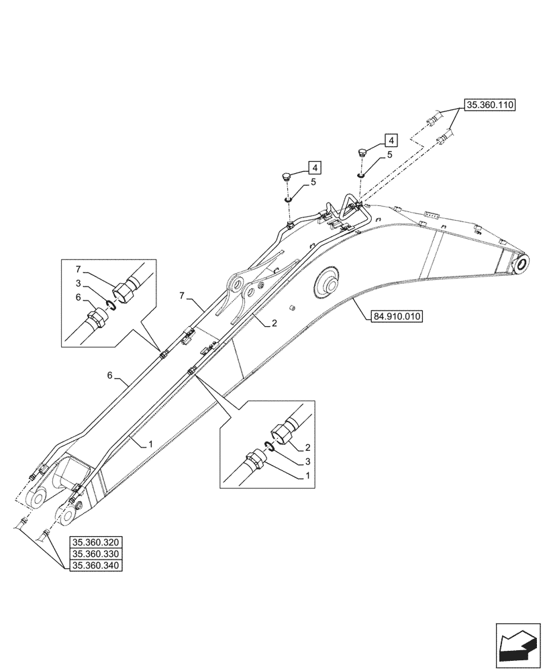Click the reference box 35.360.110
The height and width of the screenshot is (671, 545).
[x=489, y=106]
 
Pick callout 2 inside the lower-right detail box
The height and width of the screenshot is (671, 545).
[x=307, y=447]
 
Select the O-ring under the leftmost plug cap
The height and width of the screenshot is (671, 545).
[x=287, y=199]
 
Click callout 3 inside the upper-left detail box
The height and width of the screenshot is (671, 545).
[x=78, y=282]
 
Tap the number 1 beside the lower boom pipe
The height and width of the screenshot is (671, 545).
[x=151, y=444]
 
